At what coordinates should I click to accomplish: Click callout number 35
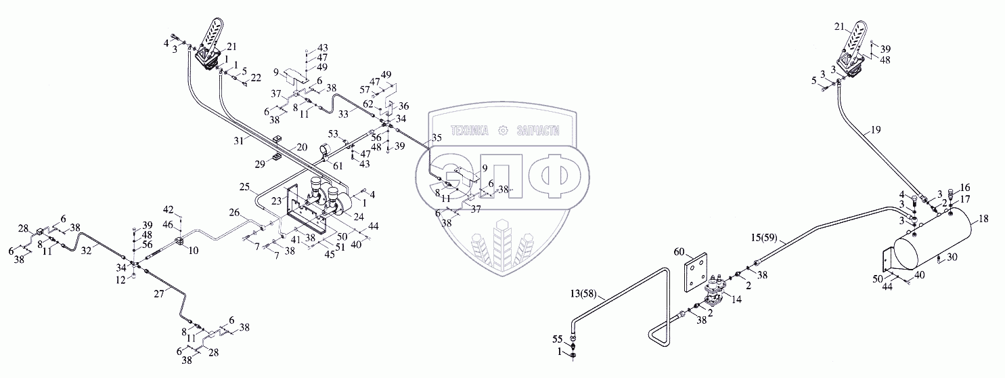436,137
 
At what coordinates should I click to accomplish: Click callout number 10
194,251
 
